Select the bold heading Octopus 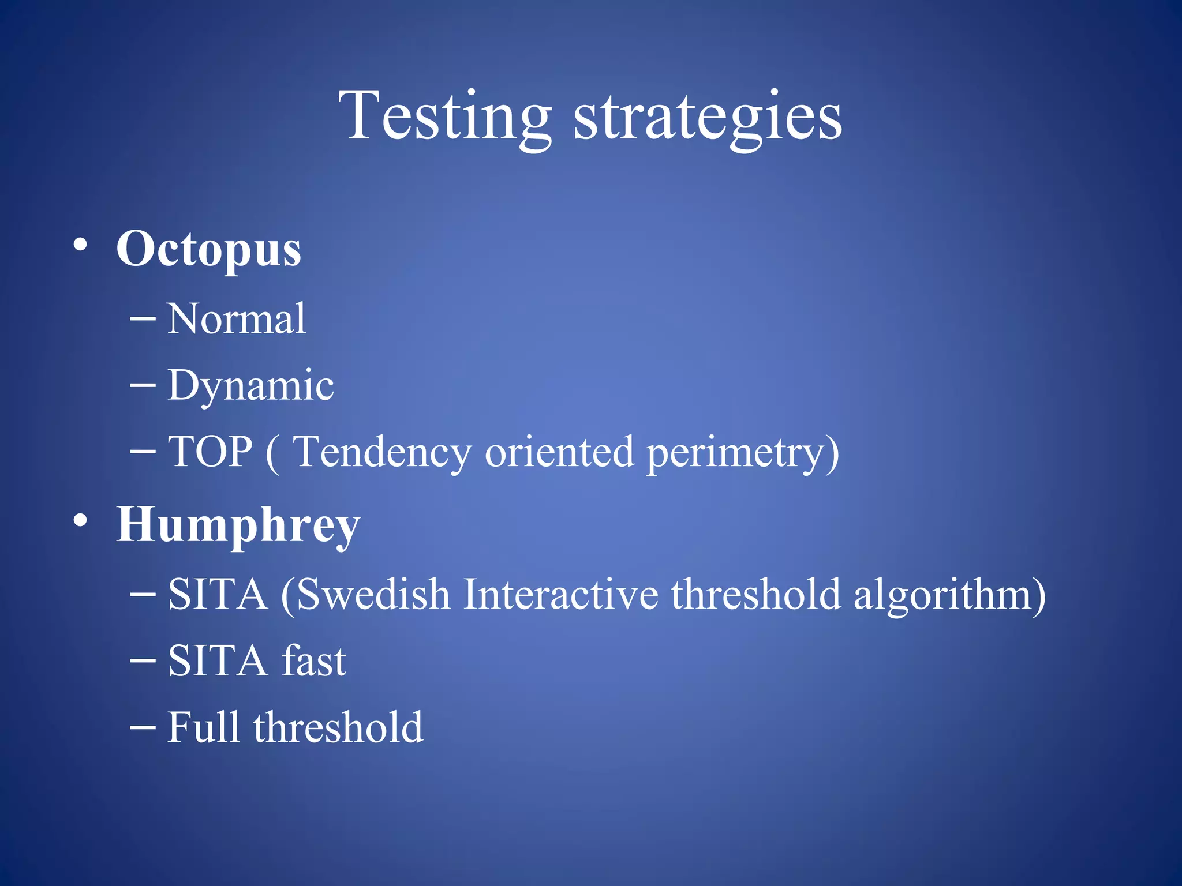208,249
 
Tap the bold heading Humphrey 238,525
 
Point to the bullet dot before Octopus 81,245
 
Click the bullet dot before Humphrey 81,521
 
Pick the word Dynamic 250,385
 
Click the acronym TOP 210,451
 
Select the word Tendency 383,452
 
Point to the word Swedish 373,594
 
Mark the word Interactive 560,594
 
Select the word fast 314,661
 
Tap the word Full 203,727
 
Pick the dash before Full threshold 143,727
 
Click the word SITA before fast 217,661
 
